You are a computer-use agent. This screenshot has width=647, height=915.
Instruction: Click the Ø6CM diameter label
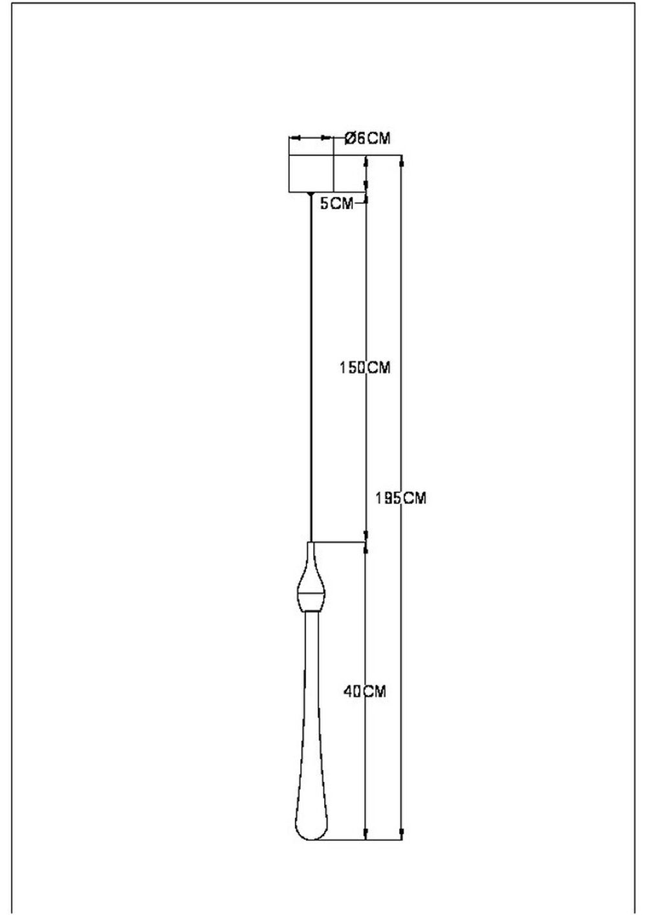pos(367,138)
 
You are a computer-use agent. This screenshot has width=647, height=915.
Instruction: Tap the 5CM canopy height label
pos(337,204)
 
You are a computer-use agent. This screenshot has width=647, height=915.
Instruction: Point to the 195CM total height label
pos(401,498)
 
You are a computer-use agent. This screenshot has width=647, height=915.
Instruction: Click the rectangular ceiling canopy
pos(311,173)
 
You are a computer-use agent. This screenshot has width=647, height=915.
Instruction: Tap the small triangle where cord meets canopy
pos(311,194)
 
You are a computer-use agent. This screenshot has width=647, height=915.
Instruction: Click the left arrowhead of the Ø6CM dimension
pos(293,138)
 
